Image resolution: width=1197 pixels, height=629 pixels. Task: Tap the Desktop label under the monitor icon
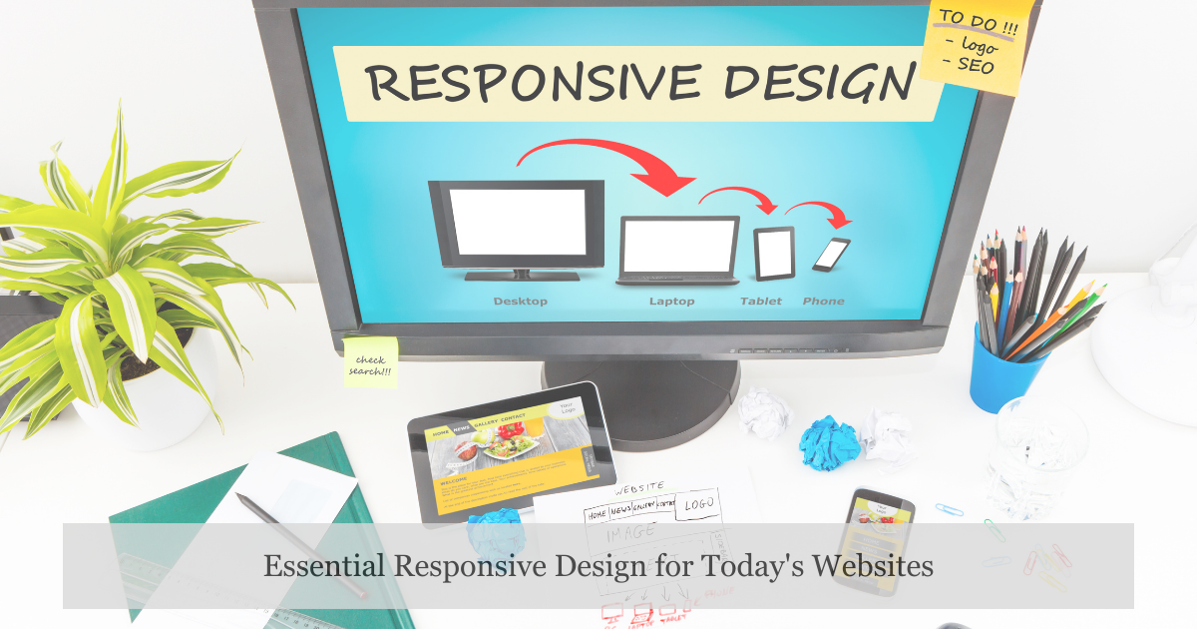[520, 302]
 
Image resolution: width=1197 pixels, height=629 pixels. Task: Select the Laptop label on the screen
[671, 302]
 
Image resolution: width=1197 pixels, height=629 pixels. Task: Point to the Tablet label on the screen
[761, 302]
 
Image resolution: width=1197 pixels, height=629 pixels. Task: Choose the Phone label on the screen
[823, 302]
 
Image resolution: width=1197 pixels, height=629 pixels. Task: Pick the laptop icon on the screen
[678, 250]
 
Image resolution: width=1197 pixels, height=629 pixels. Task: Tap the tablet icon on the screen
[774, 254]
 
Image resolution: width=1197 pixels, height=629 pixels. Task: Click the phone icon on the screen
[831, 254]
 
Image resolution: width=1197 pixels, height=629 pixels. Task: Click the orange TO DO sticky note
[972, 45]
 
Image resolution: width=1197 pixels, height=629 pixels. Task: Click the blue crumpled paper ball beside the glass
[829, 442]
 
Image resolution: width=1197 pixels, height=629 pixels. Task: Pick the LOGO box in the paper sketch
[702, 505]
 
